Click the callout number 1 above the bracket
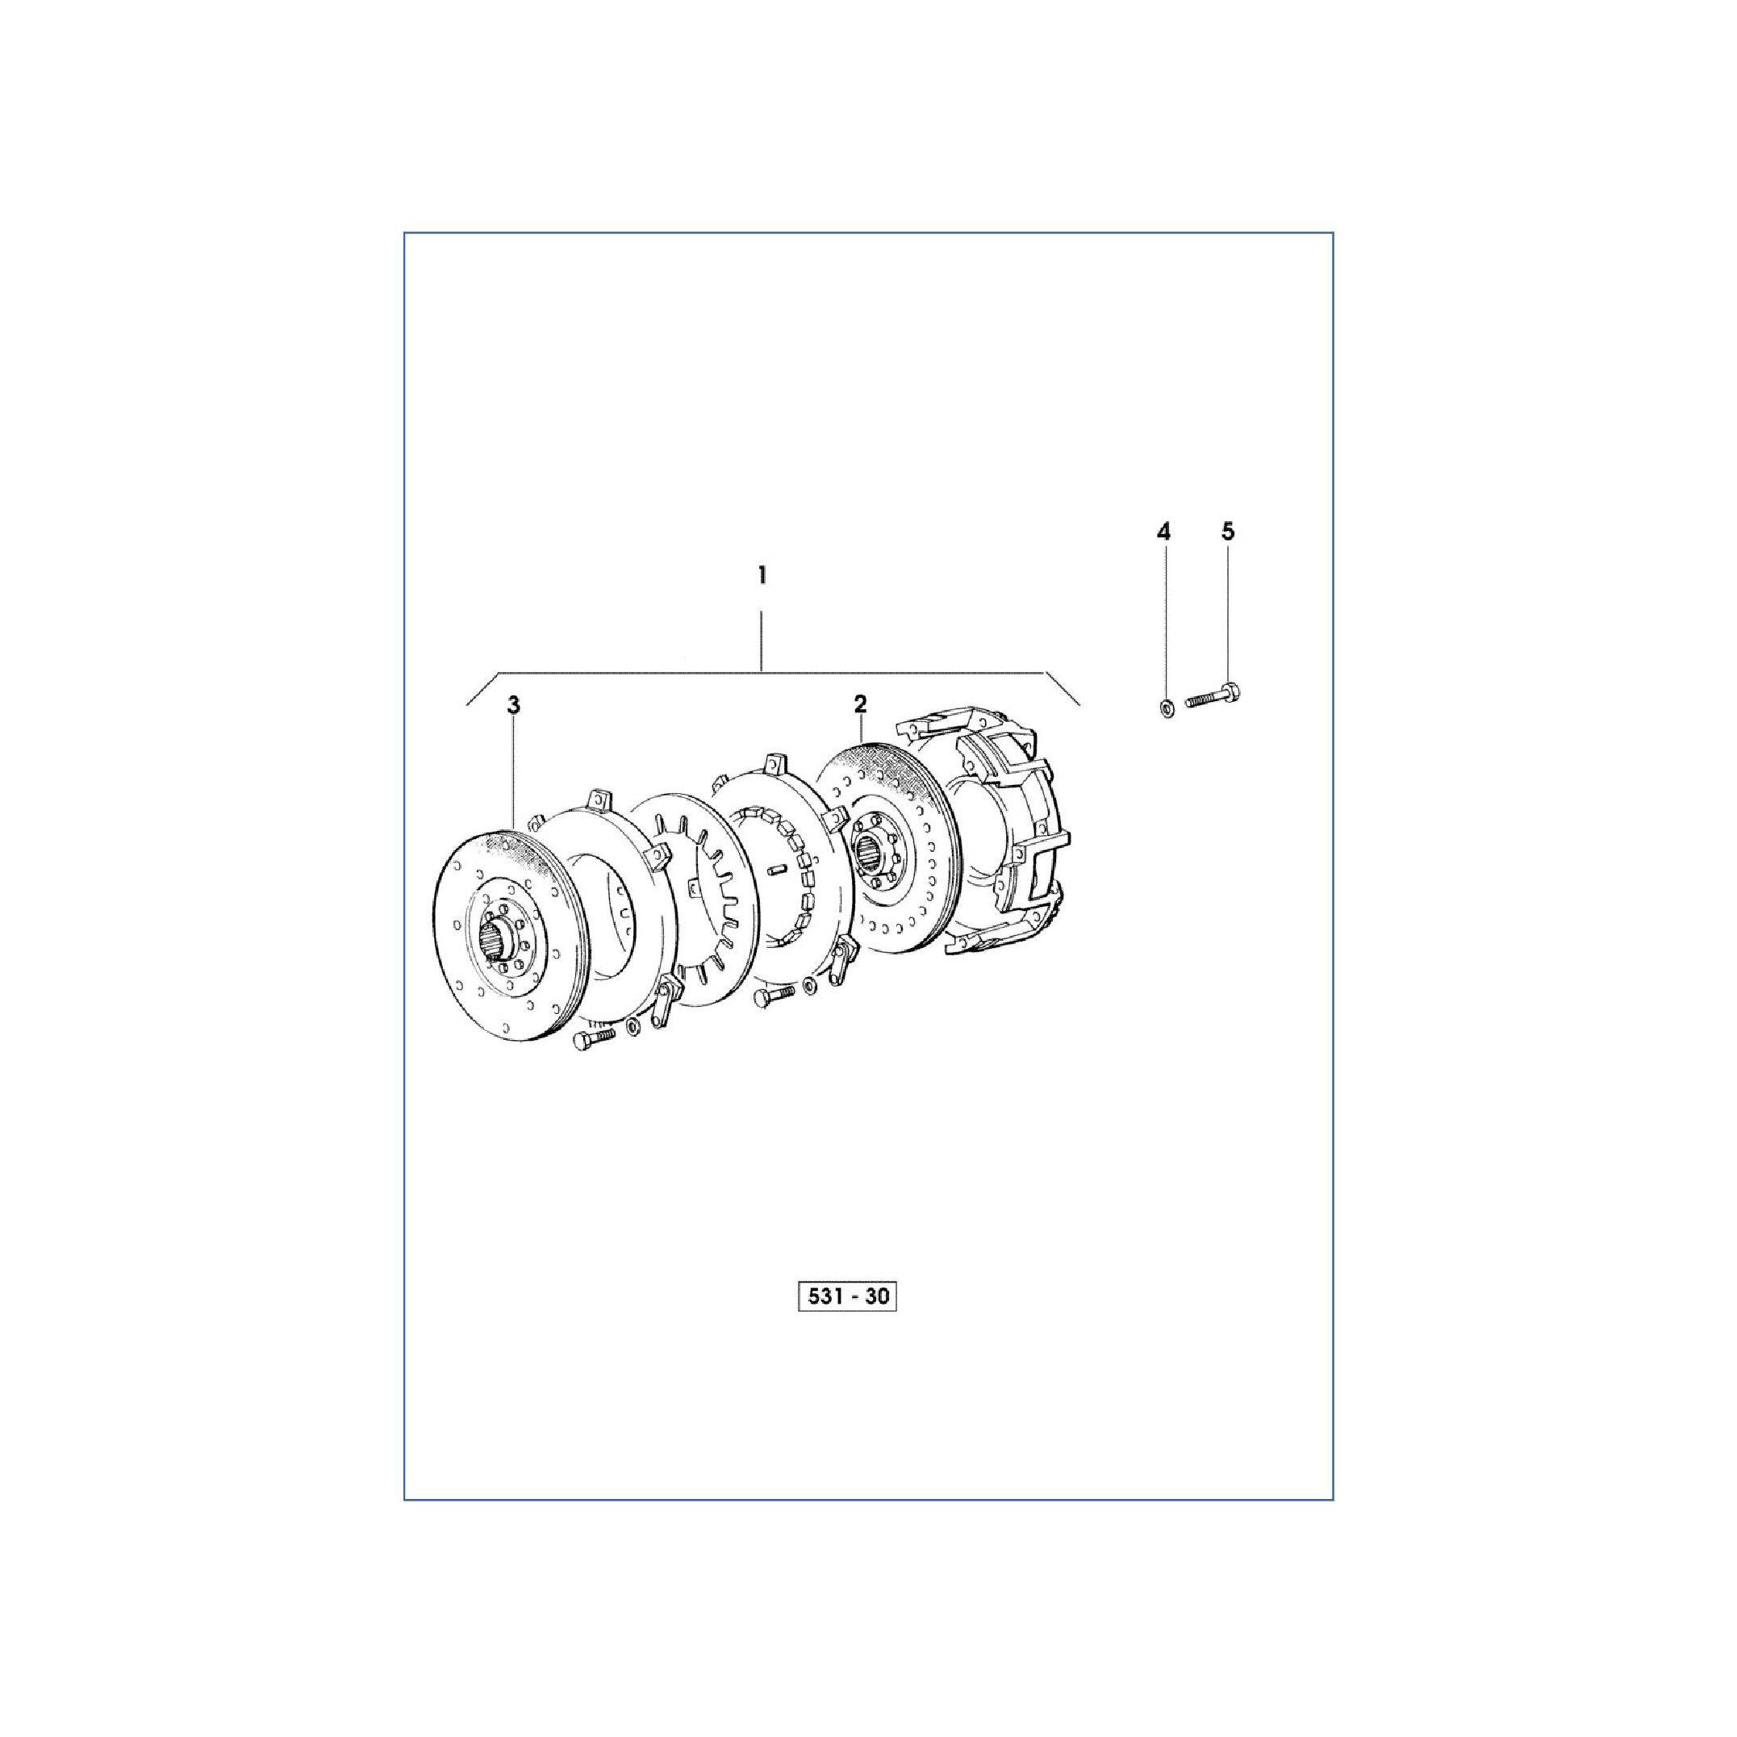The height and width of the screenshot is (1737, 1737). click(762, 574)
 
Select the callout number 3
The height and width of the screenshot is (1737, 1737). click(513, 706)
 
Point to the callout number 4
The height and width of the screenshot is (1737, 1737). click(1163, 532)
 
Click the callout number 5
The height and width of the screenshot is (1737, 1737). click(1228, 532)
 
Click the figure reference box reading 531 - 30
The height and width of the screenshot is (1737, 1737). click(848, 1297)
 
